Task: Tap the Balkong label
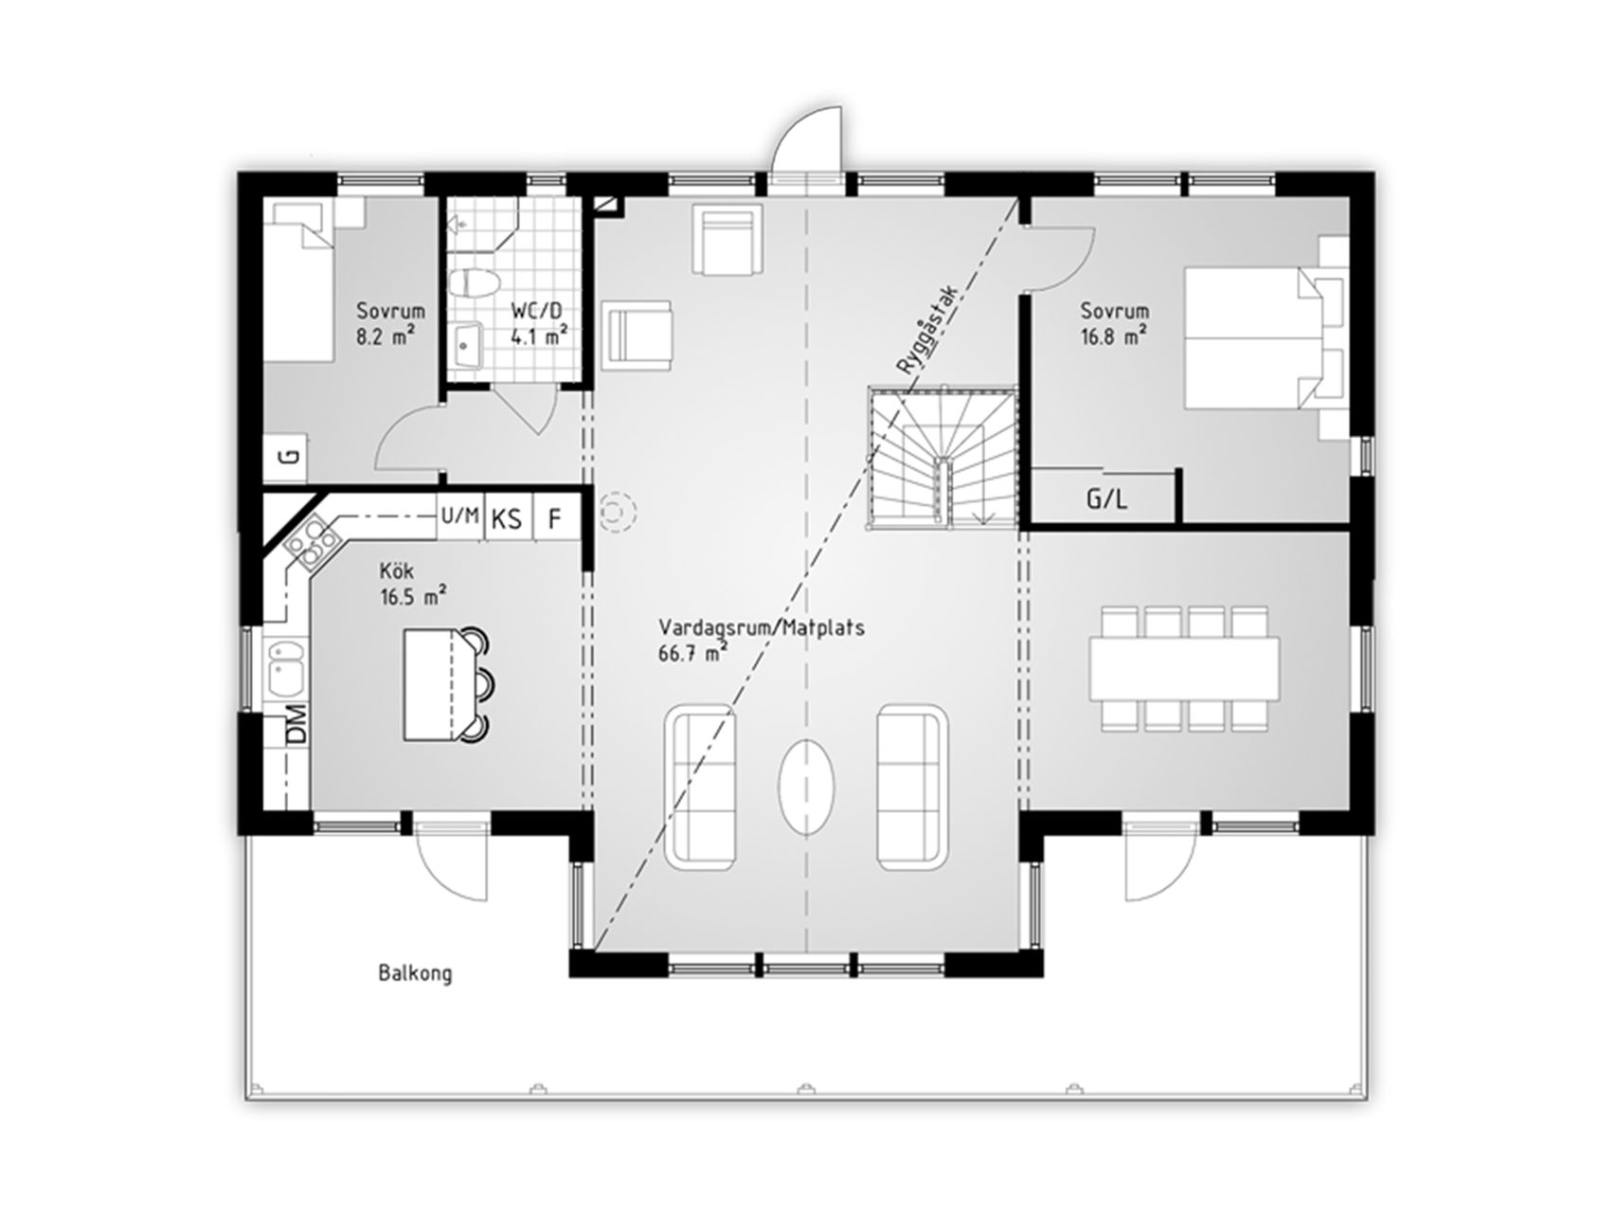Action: [x=415, y=973]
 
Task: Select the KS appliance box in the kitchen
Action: [x=508, y=517]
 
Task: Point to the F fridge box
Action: [x=556, y=517]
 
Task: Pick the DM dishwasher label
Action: [x=297, y=724]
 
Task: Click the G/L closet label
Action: [x=1106, y=499]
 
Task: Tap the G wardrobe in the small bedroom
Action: [x=290, y=457]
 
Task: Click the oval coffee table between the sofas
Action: [x=807, y=787]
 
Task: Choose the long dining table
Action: [x=1184, y=668]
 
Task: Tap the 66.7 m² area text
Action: [x=692, y=652]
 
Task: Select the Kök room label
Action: [x=396, y=571]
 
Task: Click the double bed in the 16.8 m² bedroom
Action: [x=1266, y=338]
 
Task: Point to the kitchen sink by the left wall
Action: [x=285, y=667]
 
